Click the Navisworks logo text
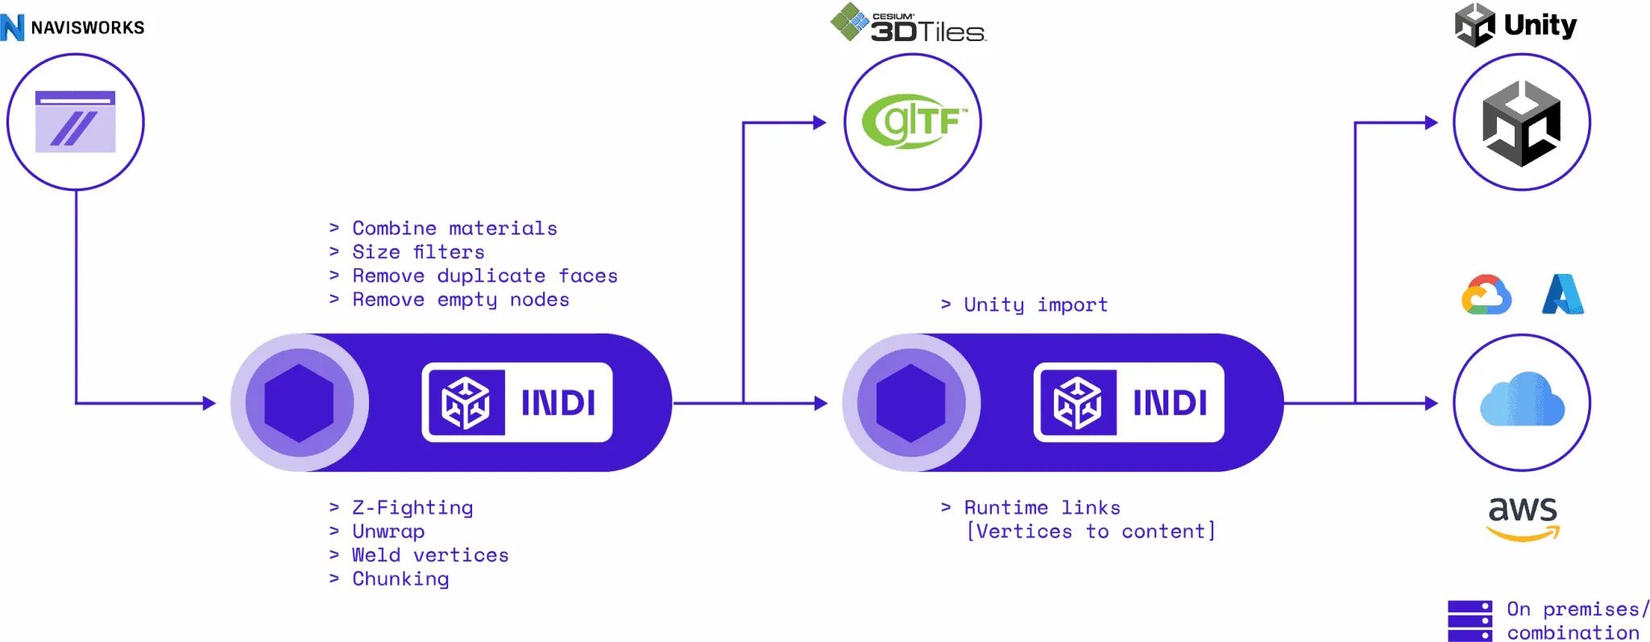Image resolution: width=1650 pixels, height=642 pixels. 87,27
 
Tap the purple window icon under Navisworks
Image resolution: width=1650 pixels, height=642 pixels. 75,122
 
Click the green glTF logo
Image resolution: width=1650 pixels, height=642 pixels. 914,122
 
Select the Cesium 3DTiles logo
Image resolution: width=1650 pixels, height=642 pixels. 909,24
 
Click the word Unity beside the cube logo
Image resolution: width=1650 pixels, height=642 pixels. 1540,25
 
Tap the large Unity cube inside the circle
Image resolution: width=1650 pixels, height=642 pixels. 1521,123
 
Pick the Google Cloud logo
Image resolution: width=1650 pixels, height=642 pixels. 1486,295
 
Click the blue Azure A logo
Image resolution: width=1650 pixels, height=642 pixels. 1562,294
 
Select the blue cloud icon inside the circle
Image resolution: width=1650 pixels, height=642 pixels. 1521,400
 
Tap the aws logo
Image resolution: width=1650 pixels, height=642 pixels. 1523,517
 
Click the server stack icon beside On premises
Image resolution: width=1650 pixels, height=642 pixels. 1470,620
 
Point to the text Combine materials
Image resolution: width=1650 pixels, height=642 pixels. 454,229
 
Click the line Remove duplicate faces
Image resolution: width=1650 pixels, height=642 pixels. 484,276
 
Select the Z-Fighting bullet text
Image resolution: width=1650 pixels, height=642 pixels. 412,507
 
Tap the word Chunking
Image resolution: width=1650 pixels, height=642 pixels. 400,579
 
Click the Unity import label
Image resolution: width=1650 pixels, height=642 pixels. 1035,305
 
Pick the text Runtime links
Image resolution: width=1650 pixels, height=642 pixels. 1042,507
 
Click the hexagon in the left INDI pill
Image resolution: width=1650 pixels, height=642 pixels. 299,403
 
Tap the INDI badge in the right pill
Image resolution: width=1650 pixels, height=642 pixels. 1129,403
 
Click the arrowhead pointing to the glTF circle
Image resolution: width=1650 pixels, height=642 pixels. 820,122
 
